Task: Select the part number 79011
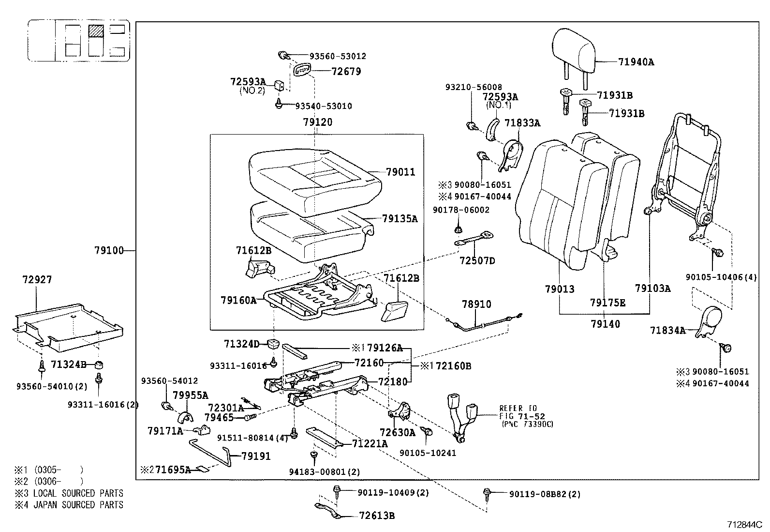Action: pos(400,172)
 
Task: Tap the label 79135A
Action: pos(400,219)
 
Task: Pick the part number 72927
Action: pos(37,280)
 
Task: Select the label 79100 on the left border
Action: pos(109,251)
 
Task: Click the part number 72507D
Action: pos(477,261)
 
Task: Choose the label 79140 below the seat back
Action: pos(605,324)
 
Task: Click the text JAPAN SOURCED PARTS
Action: pos(77,505)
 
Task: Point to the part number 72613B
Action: pos(377,516)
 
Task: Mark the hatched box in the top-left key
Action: pos(96,31)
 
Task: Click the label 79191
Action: pos(256,456)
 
